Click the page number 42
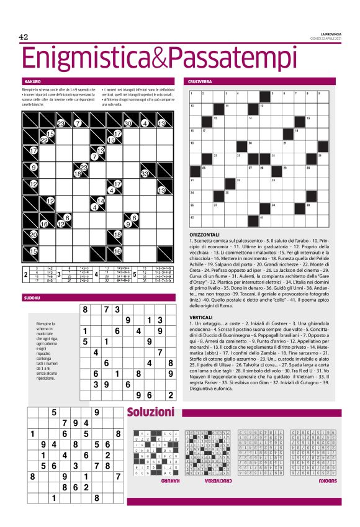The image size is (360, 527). click(x=24, y=37)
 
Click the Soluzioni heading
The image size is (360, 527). click(x=151, y=412)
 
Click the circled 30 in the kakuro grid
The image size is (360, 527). click(x=128, y=124)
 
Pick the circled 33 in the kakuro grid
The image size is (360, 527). click(x=145, y=173)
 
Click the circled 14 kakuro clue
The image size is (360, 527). click(x=95, y=207)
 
